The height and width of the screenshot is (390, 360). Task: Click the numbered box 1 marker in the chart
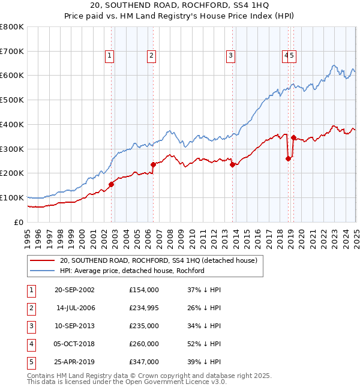[110, 56]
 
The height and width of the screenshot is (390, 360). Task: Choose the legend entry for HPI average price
[132, 271]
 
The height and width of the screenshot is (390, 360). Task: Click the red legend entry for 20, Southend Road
[158, 260]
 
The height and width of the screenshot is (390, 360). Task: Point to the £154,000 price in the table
[144, 290]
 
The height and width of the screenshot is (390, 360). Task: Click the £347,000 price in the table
[144, 362]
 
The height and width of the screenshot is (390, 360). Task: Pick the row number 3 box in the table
[31, 326]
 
